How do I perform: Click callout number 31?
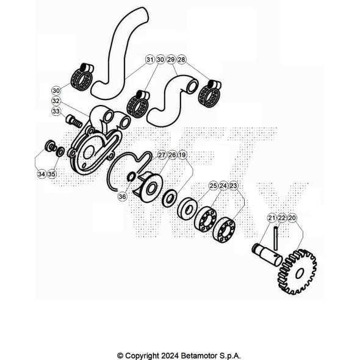pyautogui.click(x=149, y=60)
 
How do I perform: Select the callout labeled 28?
pyautogui.click(x=181, y=60)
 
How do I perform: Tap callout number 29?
pyautogui.click(x=171, y=60)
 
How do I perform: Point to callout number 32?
pyautogui.click(x=56, y=101)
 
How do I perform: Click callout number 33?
pyautogui.click(x=56, y=111)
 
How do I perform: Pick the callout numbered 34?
pyautogui.click(x=41, y=174)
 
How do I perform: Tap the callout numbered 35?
pyautogui.click(x=52, y=174)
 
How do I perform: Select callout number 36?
pyautogui.click(x=122, y=196)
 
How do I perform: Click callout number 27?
pyautogui.click(x=162, y=155)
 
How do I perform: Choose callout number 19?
pyautogui.click(x=182, y=155)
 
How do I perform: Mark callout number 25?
pyautogui.click(x=214, y=185)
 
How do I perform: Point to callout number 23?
pyautogui.click(x=233, y=185)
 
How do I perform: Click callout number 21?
pyautogui.click(x=272, y=218)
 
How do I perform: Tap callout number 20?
pyautogui.click(x=292, y=218)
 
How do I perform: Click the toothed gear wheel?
pyautogui.click(x=298, y=272)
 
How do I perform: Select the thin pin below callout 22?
pyautogui.click(x=276, y=238)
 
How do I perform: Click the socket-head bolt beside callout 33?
pyautogui.click(x=74, y=121)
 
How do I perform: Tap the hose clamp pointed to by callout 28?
pyautogui.click(x=209, y=93)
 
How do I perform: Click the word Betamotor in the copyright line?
pyautogui.click(x=199, y=356)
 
